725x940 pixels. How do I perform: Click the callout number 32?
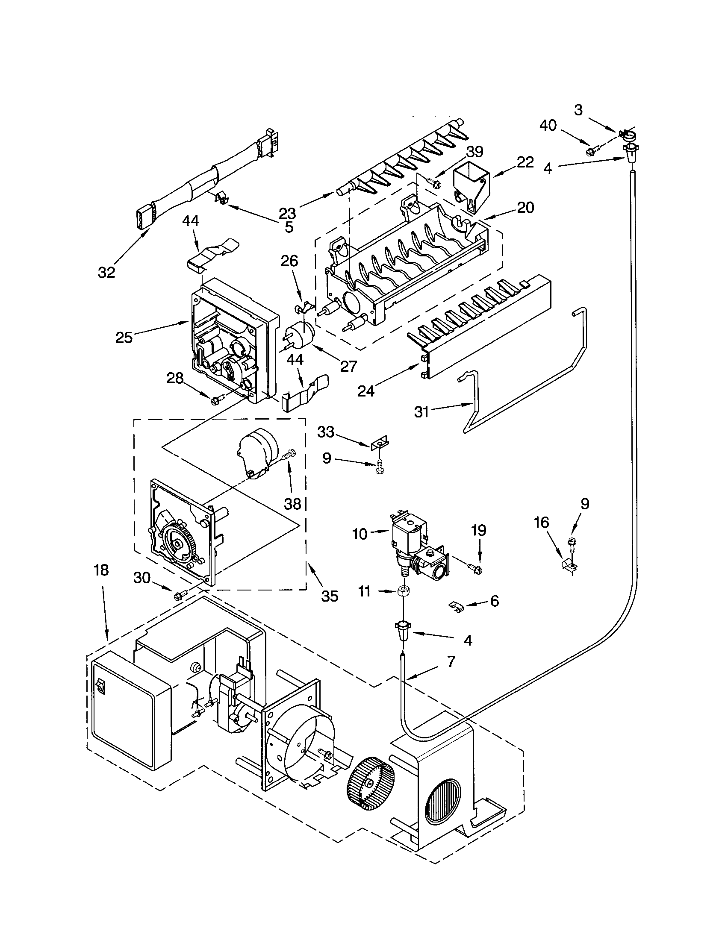[x=106, y=272]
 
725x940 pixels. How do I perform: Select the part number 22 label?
[x=525, y=162]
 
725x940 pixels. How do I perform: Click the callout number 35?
[x=330, y=596]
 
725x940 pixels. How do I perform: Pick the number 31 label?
[x=421, y=412]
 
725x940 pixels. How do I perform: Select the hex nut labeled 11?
[x=404, y=591]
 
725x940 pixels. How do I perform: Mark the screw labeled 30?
[x=180, y=596]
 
